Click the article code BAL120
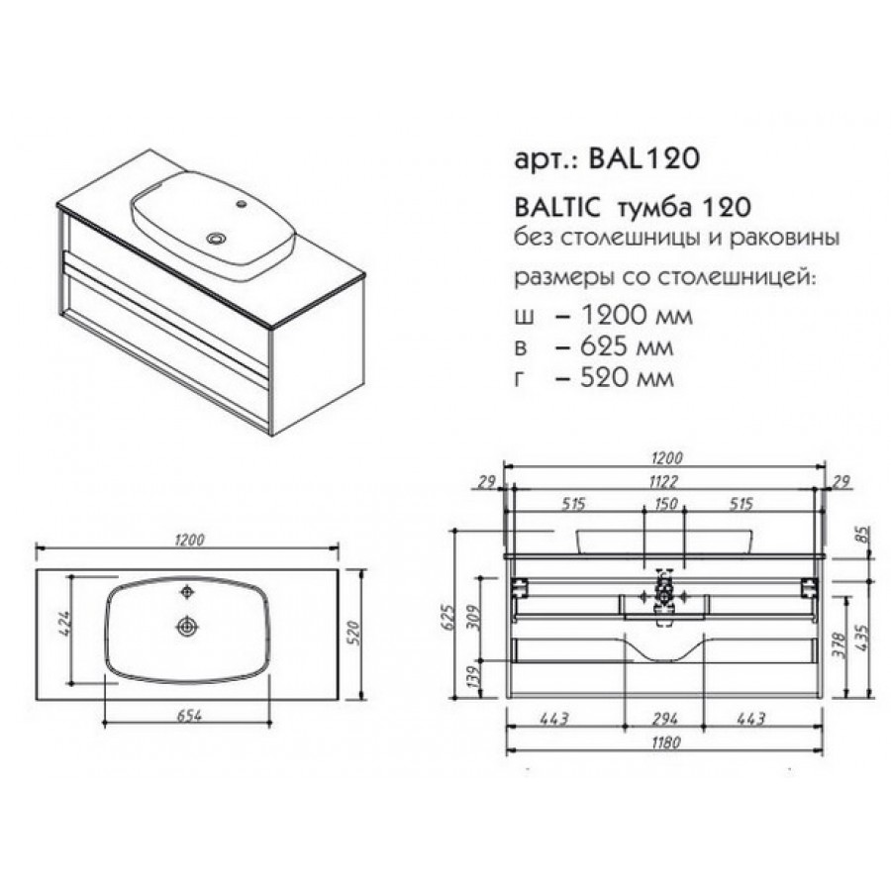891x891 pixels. click(643, 159)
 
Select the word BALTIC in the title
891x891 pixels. click(556, 208)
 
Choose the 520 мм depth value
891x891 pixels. click(627, 377)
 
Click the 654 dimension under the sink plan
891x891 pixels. click(189, 716)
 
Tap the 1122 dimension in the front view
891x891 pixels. click(663, 482)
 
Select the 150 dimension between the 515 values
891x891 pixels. click(665, 504)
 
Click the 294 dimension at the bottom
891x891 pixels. click(665, 719)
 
